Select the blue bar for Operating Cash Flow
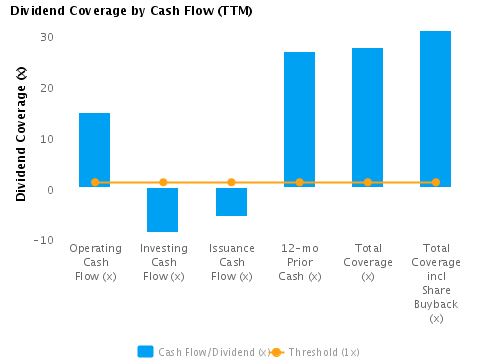95,150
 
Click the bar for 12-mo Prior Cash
299,119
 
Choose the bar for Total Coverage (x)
367,117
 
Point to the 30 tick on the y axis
47,37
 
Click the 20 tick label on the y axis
47,88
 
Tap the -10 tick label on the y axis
43,240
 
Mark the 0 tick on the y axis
50,189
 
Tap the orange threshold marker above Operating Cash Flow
95,182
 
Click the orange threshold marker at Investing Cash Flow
163,182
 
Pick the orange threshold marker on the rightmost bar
435,182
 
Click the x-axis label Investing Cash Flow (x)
163,262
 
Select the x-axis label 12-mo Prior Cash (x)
299,262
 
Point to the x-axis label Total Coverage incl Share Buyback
435,283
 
